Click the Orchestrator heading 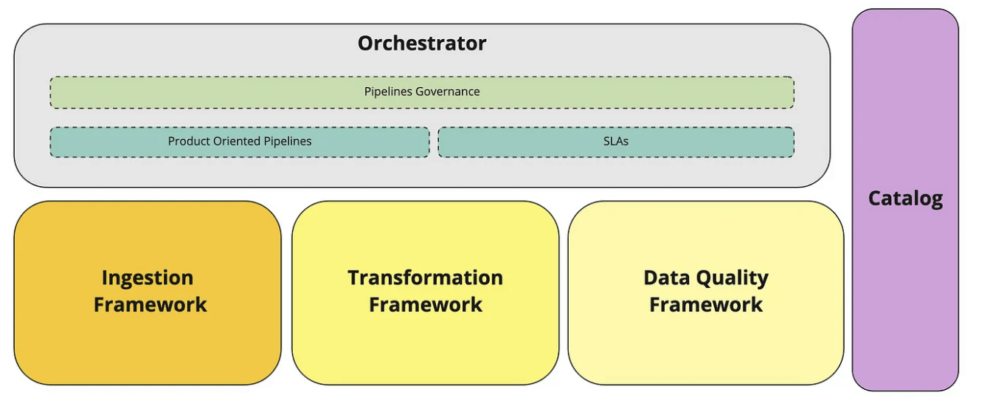[x=422, y=43]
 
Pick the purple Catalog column [x=905, y=295]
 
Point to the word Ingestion [x=148, y=278]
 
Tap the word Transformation [x=425, y=278]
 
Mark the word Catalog [x=905, y=199]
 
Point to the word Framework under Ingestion [x=150, y=305]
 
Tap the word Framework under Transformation [x=426, y=305]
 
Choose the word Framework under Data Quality [x=706, y=305]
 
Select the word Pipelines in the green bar [x=388, y=92]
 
